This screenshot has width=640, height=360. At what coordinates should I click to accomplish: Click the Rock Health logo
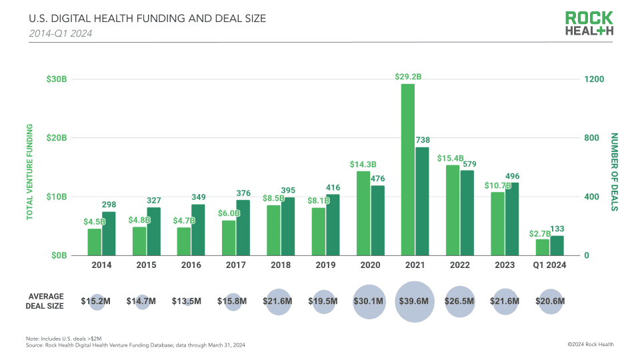coord(589,24)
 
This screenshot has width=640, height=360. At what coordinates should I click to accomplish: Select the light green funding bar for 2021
coord(408,169)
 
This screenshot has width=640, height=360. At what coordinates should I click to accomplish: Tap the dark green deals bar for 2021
coord(422,201)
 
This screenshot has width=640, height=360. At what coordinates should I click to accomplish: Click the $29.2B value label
coord(408,77)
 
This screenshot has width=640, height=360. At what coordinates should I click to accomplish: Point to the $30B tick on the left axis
coord(57,79)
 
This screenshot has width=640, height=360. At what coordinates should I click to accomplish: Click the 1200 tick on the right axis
coord(594,79)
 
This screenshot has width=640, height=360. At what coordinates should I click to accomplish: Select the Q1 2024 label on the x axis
coord(549,265)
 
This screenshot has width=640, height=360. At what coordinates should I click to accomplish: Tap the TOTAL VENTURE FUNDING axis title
coord(29,171)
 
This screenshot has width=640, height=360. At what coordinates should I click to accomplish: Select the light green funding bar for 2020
coord(363,213)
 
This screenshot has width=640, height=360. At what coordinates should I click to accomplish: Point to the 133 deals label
coord(557,229)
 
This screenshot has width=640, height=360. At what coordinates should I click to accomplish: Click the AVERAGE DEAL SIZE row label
coord(46,301)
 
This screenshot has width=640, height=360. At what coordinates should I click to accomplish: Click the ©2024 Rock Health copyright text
coord(590,344)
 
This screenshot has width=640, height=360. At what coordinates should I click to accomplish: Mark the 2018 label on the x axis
coord(280,265)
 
